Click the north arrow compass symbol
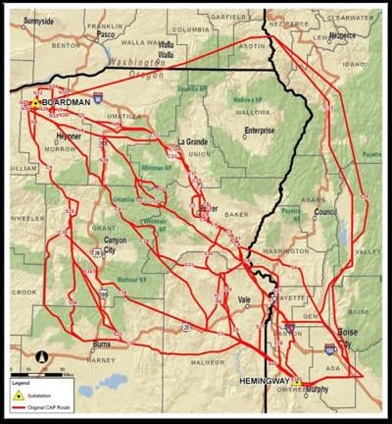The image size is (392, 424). tap(41, 354)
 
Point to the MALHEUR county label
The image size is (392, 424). tap(212, 362)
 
